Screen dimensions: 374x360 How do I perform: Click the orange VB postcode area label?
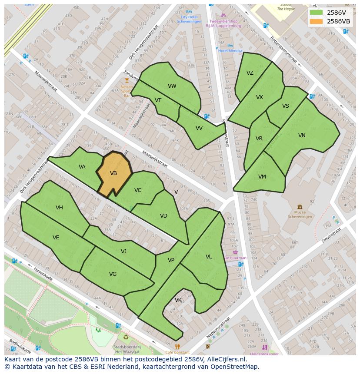coord(113,173)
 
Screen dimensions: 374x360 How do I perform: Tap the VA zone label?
coord(82,167)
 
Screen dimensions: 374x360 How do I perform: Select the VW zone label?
coord(172,86)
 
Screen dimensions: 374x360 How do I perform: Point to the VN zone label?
coord(302,136)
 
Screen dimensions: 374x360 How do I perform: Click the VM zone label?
coord(262,177)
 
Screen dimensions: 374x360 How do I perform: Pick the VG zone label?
coord(113,274)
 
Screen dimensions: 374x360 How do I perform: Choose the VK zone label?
coord(178,300)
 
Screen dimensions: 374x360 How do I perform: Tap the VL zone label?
coord(209,257)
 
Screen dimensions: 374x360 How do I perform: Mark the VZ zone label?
coord(250,73)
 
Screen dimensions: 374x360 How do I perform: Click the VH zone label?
coord(59,208)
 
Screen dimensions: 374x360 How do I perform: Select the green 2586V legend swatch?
coord(316,13)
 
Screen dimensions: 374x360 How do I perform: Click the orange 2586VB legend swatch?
coord(316,21)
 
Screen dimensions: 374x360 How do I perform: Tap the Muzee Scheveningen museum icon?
coord(300,207)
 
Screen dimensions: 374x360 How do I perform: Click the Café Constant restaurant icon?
coord(177,347)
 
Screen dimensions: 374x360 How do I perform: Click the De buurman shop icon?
coord(235,252)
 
